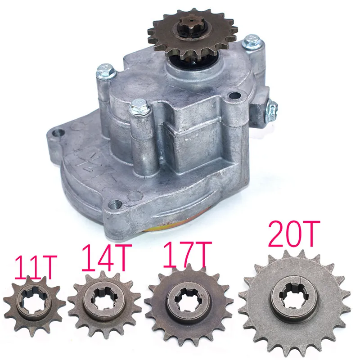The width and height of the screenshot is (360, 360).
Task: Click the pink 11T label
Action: [x=36, y=267]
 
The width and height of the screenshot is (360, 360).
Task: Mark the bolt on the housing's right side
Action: [x=273, y=108]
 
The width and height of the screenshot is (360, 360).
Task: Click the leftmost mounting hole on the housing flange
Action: [x=58, y=134]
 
